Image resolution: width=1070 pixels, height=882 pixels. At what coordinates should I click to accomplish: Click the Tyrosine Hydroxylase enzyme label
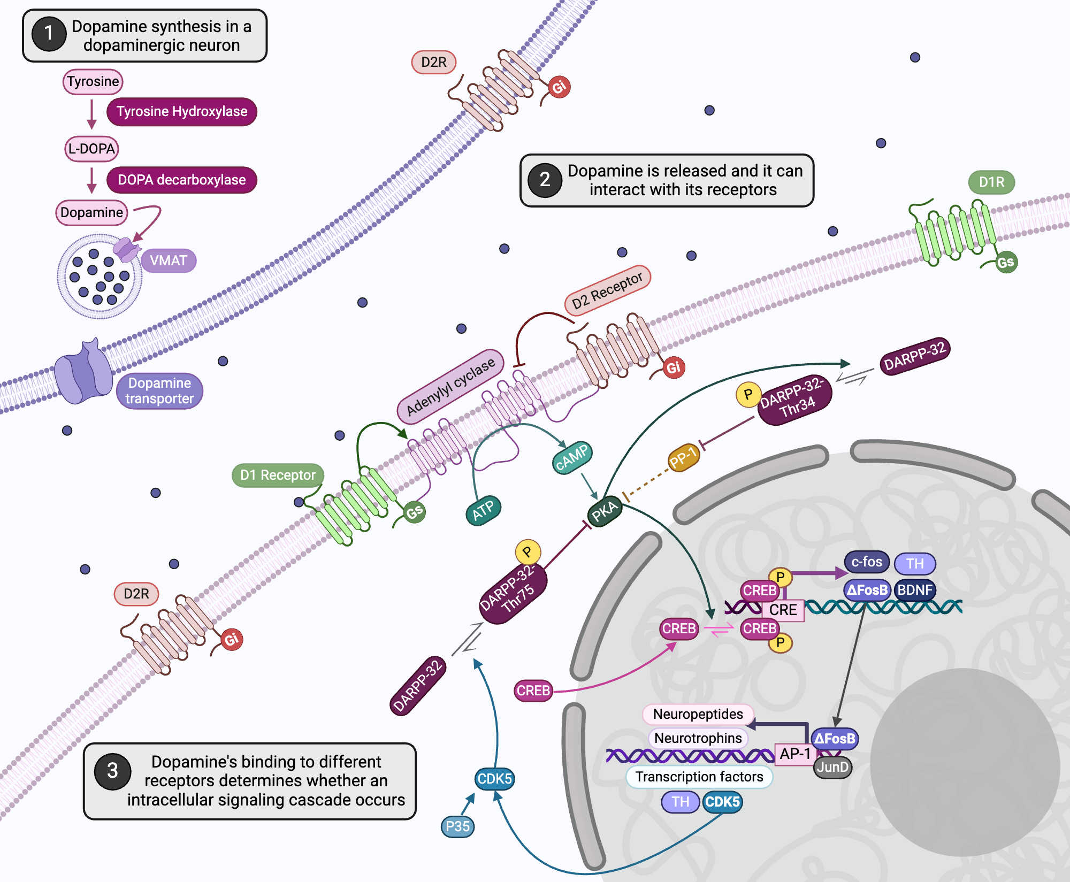pyautogui.click(x=182, y=111)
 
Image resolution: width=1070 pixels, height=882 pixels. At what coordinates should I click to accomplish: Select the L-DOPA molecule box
pyautogui.click(x=91, y=149)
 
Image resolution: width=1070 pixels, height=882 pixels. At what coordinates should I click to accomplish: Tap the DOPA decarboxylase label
pyautogui.click(x=182, y=180)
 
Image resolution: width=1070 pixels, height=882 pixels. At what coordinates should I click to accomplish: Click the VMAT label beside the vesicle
pyautogui.click(x=169, y=260)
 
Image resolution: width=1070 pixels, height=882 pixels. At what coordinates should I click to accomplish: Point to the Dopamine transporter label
pyautogui.click(x=159, y=391)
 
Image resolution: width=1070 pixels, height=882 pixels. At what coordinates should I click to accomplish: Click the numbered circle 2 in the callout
pyautogui.click(x=545, y=180)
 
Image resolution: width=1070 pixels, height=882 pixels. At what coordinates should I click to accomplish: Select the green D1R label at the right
pyautogui.click(x=991, y=182)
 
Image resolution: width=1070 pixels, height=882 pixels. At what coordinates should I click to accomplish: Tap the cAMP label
pyautogui.click(x=572, y=457)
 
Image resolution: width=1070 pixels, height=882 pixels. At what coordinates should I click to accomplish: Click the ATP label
pyautogui.click(x=483, y=510)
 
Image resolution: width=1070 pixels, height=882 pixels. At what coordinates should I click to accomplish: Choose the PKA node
pyautogui.click(x=604, y=511)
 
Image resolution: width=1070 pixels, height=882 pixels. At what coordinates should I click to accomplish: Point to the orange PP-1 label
pyautogui.click(x=684, y=458)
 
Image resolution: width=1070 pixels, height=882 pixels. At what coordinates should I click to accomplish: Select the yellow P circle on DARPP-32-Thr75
pyautogui.click(x=528, y=551)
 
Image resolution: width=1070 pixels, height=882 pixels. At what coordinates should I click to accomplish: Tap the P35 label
pyautogui.click(x=457, y=826)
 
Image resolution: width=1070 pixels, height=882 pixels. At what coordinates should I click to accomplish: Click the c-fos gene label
pyautogui.click(x=867, y=562)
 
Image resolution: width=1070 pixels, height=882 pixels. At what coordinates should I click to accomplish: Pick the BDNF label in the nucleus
pyautogui.click(x=915, y=590)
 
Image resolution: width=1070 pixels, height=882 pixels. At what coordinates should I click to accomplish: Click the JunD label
pyautogui.click(x=832, y=768)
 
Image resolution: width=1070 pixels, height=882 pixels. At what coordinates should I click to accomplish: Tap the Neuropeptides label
pyautogui.click(x=698, y=714)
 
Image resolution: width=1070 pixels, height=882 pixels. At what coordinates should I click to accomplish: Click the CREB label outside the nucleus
pyautogui.click(x=533, y=691)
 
